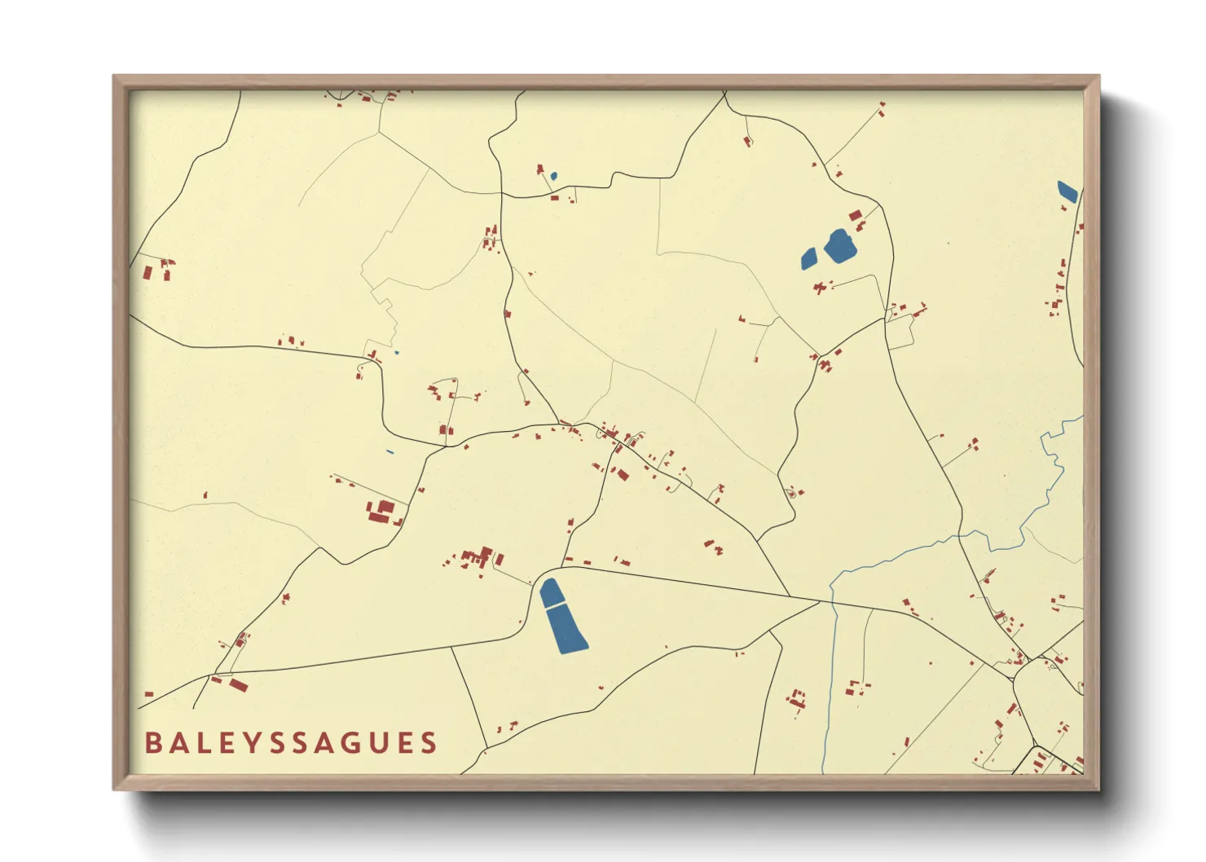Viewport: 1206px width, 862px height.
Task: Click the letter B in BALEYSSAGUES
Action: (152, 743)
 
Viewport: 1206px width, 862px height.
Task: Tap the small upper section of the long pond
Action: (552, 592)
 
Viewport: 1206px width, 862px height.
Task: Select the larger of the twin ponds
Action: (839, 246)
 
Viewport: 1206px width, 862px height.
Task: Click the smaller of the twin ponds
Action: (808, 258)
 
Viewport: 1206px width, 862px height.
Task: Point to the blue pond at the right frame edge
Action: (1067, 191)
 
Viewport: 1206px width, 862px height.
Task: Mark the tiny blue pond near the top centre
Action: (554, 175)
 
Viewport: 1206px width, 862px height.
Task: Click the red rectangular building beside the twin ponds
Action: (855, 216)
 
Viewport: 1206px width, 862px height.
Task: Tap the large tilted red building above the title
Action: (238, 685)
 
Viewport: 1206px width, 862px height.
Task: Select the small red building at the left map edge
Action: (148, 694)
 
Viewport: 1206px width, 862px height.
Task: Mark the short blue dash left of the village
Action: (390, 452)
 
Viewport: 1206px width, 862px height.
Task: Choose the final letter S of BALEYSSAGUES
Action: (429, 743)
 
